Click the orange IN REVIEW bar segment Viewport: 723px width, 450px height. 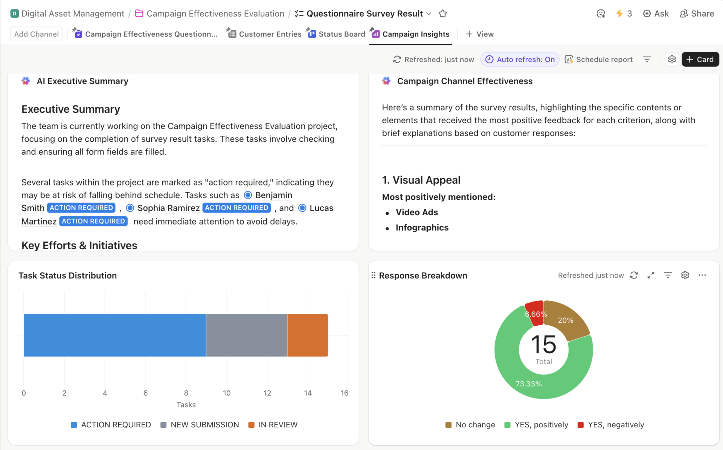[307, 335]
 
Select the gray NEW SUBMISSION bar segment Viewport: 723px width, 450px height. [246, 335]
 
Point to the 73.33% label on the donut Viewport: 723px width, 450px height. [528, 384]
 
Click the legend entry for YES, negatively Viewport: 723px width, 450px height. [611, 425]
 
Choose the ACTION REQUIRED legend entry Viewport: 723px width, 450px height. [111, 425]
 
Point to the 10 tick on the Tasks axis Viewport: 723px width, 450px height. [227, 393]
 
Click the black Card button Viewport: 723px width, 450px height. [700, 60]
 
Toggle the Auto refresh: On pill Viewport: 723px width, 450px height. [520, 60]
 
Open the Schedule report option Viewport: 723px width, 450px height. [599, 60]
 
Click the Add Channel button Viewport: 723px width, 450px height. [37, 34]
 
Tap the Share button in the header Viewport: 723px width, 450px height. [697, 14]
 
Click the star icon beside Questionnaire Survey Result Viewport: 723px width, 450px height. [442, 14]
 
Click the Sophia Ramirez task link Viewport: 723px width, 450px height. [168, 208]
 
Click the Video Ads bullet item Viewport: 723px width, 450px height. [416, 212]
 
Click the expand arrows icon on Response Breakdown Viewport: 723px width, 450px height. [651, 276]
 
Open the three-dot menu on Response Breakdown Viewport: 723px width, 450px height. [702, 276]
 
